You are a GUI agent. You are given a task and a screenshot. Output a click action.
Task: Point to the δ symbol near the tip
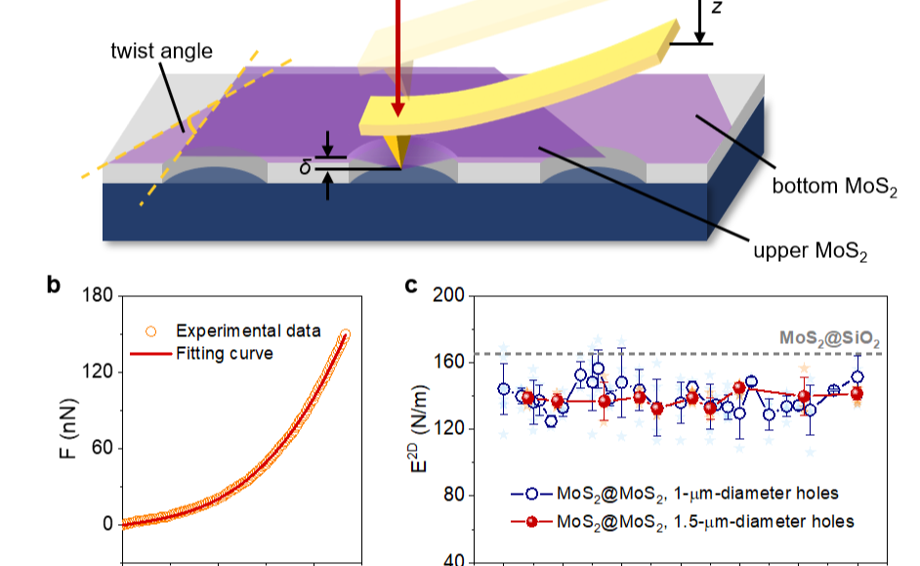(305, 166)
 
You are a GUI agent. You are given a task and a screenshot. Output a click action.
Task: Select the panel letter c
(412, 286)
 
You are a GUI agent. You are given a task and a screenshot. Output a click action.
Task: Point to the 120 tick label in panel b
(95, 372)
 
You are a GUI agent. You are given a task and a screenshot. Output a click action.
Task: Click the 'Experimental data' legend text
(247, 330)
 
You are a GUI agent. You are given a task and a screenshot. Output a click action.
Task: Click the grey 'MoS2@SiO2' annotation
(829, 339)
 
